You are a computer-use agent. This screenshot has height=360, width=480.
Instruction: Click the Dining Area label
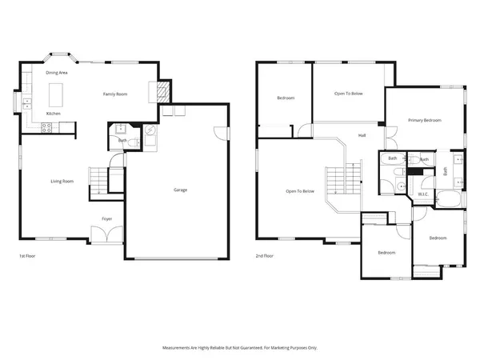pyautogui.click(x=56, y=73)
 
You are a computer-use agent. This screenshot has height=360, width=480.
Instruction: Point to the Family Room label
pyautogui.click(x=115, y=94)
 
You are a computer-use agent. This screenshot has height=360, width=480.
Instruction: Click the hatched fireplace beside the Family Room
pyautogui.click(x=163, y=92)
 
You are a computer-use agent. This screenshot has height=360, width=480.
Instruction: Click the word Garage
pyautogui.click(x=181, y=190)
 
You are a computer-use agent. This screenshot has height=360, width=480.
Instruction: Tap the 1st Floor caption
pyautogui.click(x=27, y=256)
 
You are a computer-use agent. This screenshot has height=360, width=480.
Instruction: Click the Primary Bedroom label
pyautogui.click(x=424, y=121)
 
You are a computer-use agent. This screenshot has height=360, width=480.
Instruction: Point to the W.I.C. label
pyautogui.click(x=423, y=194)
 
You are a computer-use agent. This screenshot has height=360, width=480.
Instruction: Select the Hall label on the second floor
pyautogui.click(x=362, y=135)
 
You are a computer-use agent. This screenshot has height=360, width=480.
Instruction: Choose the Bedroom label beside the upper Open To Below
pyautogui.click(x=286, y=98)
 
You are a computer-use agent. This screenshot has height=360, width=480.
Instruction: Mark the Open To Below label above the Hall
pyautogui.click(x=349, y=94)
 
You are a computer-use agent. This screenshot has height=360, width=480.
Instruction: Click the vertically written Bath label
pyautogui.click(x=446, y=170)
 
